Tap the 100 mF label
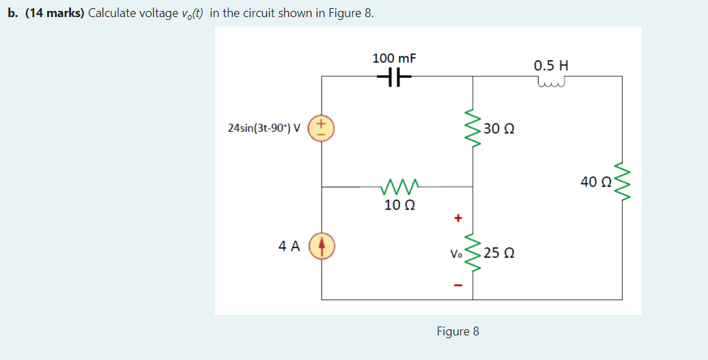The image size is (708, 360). pos(394,59)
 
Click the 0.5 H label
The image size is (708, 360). pos(551,66)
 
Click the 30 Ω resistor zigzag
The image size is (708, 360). pos(472,128)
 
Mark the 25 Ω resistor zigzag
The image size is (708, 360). pos(472,253)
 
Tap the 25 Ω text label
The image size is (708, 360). pos(499,253)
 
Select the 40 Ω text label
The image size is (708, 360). pos(595,182)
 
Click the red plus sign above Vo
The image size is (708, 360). pos(458,219)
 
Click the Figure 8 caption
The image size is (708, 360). pos(457,331)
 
